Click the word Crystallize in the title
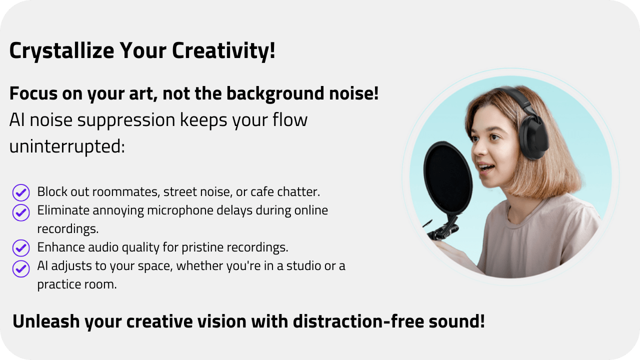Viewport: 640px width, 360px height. click(61, 51)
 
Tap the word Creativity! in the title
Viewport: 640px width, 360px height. click(223, 51)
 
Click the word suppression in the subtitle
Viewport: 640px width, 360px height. click(126, 120)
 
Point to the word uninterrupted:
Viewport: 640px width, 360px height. click(67, 147)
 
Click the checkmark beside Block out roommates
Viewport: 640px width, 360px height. click(21, 192)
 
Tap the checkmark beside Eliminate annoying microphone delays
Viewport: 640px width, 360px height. click(21, 212)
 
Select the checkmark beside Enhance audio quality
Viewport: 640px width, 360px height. click(21, 247)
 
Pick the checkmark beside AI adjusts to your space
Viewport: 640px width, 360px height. click(21, 268)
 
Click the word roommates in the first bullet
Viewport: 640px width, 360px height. click(125, 192)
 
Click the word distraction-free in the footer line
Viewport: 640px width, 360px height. click(358, 321)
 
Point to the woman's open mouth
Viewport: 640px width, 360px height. click(486, 167)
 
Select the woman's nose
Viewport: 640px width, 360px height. click(477, 148)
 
